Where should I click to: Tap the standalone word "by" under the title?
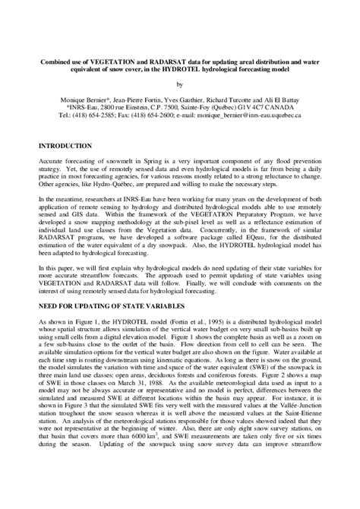[x=180, y=84]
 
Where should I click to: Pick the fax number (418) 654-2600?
[x=159, y=115]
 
